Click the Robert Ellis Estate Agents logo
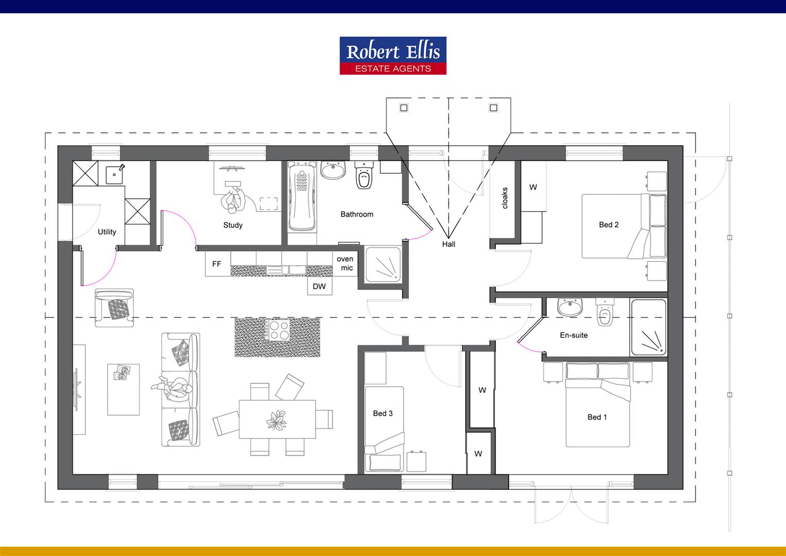pos(393,56)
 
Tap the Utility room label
pos(107,232)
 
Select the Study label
pos(233,225)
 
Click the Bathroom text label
pos(357,214)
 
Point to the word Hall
pos(449,244)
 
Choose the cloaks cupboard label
pos(505,198)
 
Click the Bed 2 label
pos(609,224)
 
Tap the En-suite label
pos(574,335)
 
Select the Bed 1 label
pos(597,417)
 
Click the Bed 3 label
pos(383,413)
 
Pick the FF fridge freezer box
pos(217,264)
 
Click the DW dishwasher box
pos(319,286)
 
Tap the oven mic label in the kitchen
pos(345,263)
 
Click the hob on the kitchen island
pos(278,330)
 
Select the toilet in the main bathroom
pos(364,177)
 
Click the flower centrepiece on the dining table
pos(277,420)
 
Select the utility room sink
pos(114,175)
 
